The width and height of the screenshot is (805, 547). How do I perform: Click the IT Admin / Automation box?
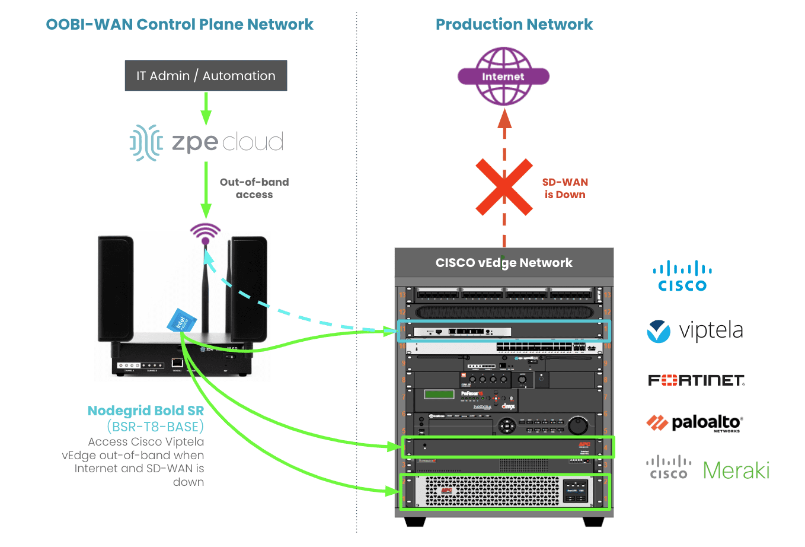click(x=206, y=75)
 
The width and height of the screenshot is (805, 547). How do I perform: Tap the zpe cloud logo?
click(x=206, y=142)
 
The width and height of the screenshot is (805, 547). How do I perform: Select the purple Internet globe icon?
click(x=503, y=76)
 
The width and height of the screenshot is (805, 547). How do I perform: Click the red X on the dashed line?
click(x=504, y=187)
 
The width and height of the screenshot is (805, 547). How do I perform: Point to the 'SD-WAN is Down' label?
click(x=565, y=188)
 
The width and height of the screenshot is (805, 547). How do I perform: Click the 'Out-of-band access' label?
click(x=254, y=188)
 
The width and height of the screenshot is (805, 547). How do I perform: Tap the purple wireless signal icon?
click(x=205, y=233)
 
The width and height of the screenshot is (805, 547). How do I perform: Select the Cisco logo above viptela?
click(x=682, y=276)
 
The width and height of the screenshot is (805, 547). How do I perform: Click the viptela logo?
click(x=695, y=330)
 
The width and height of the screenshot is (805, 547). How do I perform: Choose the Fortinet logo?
click(x=696, y=380)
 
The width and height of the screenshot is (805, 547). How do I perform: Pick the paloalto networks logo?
click(x=694, y=423)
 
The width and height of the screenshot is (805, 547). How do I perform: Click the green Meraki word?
click(x=736, y=470)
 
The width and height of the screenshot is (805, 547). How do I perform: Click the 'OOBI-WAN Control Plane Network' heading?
click(x=180, y=24)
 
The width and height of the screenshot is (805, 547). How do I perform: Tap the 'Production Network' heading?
click(x=514, y=24)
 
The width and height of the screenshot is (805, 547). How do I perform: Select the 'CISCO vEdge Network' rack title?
click(x=504, y=263)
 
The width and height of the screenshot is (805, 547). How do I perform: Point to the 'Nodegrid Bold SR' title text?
click(x=146, y=411)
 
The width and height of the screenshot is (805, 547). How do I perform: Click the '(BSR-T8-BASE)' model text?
click(x=155, y=427)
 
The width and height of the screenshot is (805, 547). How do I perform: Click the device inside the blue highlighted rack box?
click(x=462, y=332)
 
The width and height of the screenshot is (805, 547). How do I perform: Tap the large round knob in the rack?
click(x=577, y=425)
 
